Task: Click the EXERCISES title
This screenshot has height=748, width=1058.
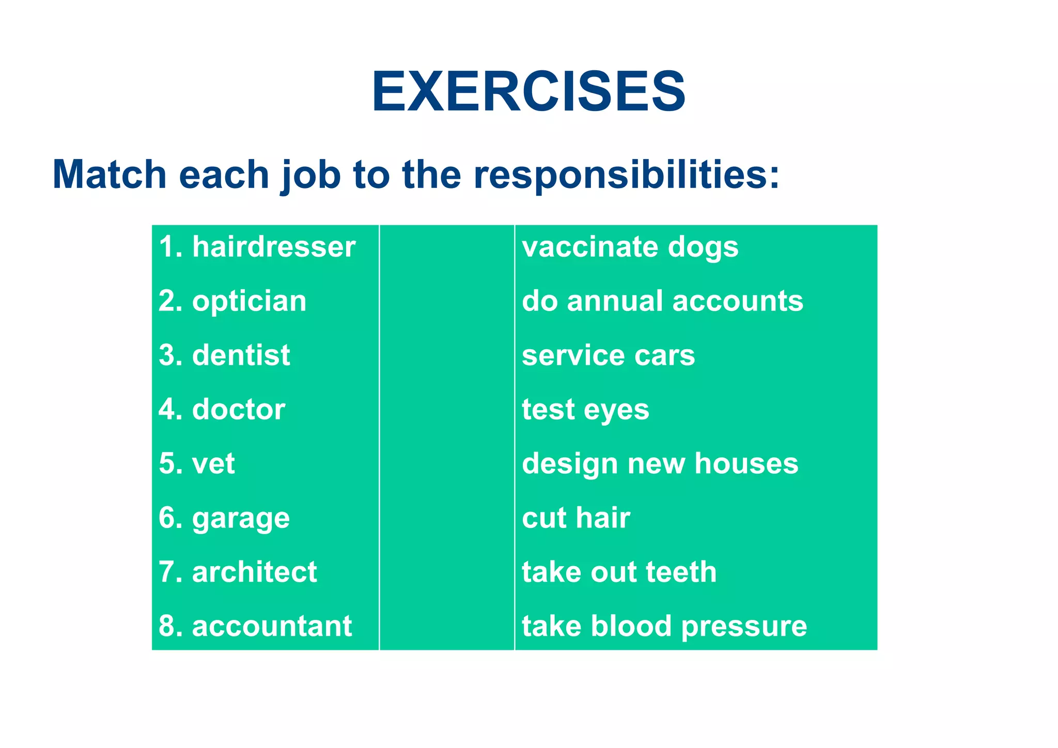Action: click(528, 92)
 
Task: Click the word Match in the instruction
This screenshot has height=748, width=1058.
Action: click(109, 175)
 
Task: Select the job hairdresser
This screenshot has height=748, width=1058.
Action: click(274, 247)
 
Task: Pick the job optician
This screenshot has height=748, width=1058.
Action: click(249, 301)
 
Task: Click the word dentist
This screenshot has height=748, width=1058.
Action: click(241, 355)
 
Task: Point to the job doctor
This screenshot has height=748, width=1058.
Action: click(238, 410)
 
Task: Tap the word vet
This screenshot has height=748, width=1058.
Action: click(213, 463)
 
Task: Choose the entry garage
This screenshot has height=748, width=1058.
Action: click(241, 518)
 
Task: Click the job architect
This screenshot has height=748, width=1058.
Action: click(254, 572)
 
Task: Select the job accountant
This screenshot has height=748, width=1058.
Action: click(272, 626)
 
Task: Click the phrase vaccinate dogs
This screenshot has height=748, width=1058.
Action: click(630, 247)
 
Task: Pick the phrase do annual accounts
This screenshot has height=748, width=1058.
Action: click(662, 301)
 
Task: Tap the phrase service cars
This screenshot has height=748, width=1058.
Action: click(608, 355)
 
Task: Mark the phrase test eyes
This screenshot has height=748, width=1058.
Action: click(585, 410)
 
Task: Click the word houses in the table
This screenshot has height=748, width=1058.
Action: click(746, 463)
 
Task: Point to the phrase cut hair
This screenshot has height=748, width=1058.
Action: click(575, 518)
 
